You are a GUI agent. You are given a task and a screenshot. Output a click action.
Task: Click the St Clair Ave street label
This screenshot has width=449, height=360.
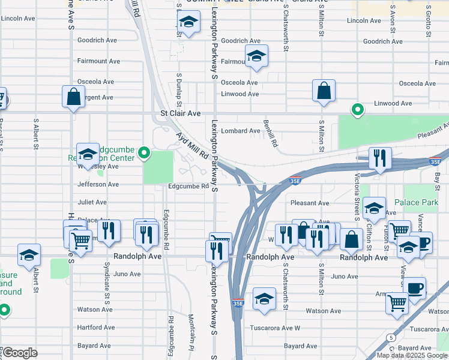click(x=180, y=113)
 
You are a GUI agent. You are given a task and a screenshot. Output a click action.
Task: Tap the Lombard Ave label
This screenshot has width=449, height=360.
click(x=241, y=131)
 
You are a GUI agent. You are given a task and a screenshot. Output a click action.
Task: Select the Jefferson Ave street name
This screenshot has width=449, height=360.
click(x=98, y=185)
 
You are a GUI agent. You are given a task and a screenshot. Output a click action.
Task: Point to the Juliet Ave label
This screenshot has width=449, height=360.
click(x=92, y=202)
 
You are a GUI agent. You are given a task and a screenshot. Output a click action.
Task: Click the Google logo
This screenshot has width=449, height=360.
click(x=20, y=352)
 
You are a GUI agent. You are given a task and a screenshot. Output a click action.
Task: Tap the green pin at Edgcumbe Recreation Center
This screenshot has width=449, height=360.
click(x=144, y=154)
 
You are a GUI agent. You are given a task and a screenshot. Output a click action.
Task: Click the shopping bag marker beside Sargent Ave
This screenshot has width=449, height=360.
click(x=73, y=96)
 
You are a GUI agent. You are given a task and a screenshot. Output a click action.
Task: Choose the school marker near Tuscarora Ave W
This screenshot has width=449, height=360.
click(x=264, y=298)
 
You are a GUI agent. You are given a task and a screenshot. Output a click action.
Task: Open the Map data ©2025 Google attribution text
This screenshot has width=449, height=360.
click(x=412, y=355)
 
